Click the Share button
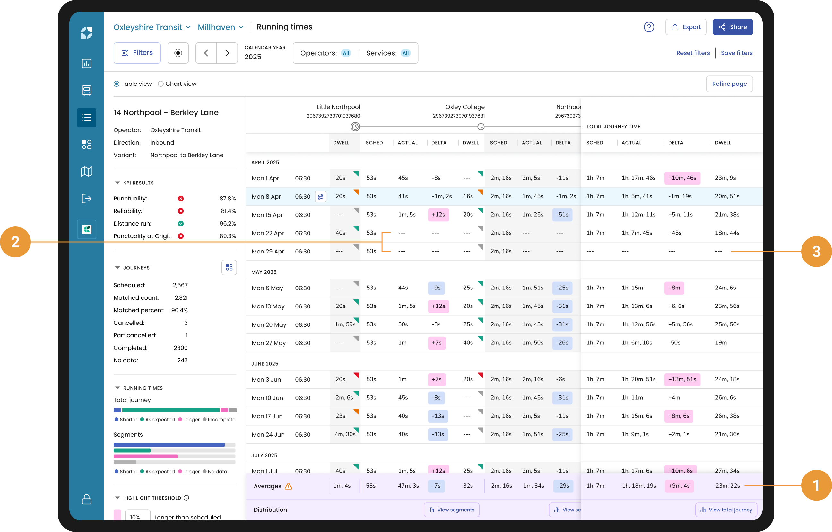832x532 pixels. (x=732, y=27)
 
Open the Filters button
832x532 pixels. (x=137, y=53)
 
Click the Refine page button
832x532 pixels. (x=729, y=84)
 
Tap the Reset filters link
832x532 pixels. (x=693, y=53)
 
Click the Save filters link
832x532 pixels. (x=736, y=53)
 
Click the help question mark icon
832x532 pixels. (x=648, y=27)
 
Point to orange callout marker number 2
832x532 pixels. (x=15, y=242)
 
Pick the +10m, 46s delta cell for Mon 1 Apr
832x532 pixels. (x=682, y=178)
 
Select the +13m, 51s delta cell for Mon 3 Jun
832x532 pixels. (x=682, y=379)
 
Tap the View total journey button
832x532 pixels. (x=726, y=510)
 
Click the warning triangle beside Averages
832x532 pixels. (x=288, y=486)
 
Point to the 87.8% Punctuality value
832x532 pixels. (x=227, y=199)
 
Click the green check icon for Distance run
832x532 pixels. (x=181, y=224)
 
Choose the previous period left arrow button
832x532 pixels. (x=206, y=53)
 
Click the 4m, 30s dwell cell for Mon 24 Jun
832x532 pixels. (x=345, y=434)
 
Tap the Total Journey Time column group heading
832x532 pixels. (x=613, y=127)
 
